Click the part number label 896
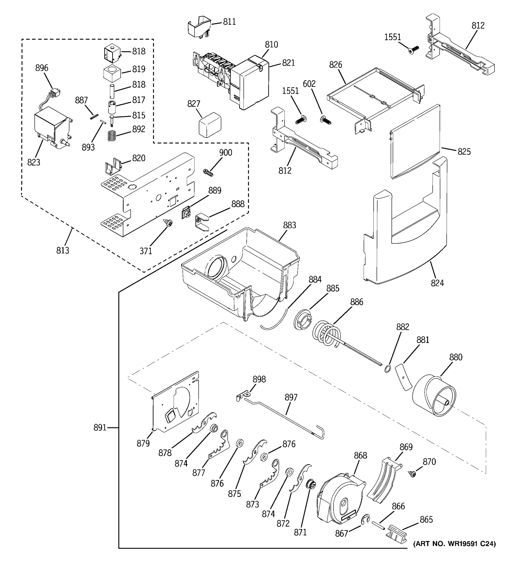coord(42,68)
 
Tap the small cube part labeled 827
coord(210,124)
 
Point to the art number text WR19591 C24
coord(454,544)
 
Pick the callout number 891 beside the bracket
coord(100,428)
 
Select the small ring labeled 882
coord(388,369)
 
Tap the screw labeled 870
coord(412,474)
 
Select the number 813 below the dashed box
coord(63,250)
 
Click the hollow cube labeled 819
coord(112,74)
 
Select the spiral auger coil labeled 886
coord(327,334)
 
